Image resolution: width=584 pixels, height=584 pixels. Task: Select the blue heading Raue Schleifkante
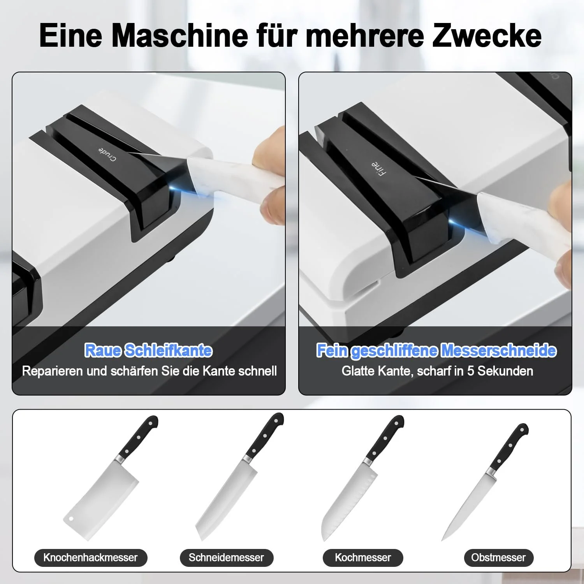pos(148,350)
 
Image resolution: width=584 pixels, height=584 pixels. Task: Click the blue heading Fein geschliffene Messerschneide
pos(436,350)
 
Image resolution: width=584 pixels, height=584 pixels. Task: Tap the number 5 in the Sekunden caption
pos(470,371)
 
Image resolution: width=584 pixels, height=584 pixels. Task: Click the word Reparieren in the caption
pos(53,371)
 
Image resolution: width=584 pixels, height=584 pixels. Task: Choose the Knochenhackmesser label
pos(90,558)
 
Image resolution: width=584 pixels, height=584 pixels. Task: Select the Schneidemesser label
pos(226,558)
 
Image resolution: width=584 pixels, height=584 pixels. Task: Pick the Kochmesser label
pos(363,558)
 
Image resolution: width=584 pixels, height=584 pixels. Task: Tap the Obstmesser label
pos(498,558)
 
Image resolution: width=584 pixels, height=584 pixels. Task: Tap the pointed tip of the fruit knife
pos(443,540)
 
